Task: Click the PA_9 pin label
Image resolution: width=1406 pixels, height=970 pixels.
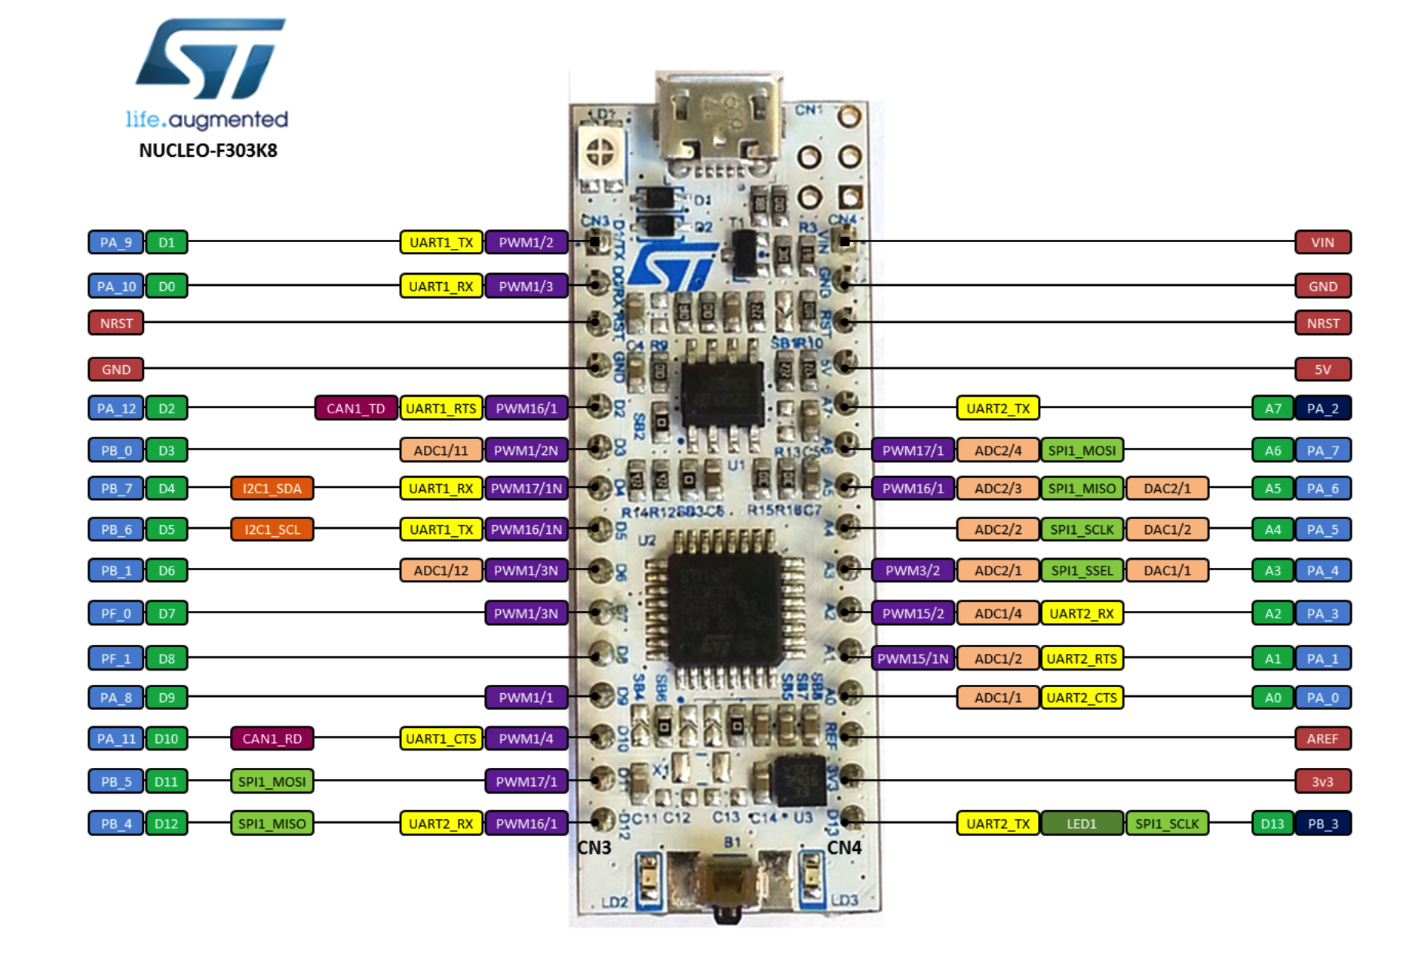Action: tap(115, 242)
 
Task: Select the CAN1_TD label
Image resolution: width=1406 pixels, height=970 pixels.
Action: tap(355, 408)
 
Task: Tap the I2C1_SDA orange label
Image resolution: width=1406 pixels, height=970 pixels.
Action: tap(272, 488)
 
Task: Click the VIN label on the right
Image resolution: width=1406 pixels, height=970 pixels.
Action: tap(1322, 242)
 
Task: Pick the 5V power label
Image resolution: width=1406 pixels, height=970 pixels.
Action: tap(1322, 370)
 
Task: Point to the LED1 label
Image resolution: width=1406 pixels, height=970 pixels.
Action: tap(1081, 824)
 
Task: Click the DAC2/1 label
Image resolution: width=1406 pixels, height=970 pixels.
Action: tap(1167, 488)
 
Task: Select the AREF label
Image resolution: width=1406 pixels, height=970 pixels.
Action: tap(1322, 738)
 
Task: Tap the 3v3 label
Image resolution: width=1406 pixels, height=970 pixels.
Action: tap(1322, 781)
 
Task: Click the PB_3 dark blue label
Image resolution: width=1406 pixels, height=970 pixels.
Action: tap(1322, 824)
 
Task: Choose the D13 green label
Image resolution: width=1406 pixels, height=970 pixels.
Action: tap(1272, 824)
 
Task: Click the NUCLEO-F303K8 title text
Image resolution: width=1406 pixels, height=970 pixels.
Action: tap(208, 151)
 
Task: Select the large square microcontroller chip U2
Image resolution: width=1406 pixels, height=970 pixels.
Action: tap(724, 607)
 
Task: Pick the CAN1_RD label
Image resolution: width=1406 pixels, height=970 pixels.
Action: tap(272, 738)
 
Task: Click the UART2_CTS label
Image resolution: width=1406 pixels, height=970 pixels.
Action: tap(1081, 698)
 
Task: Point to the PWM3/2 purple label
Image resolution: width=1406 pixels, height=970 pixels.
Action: tap(912, 570)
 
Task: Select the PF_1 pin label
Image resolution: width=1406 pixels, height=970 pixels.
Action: tap(115, 658)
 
